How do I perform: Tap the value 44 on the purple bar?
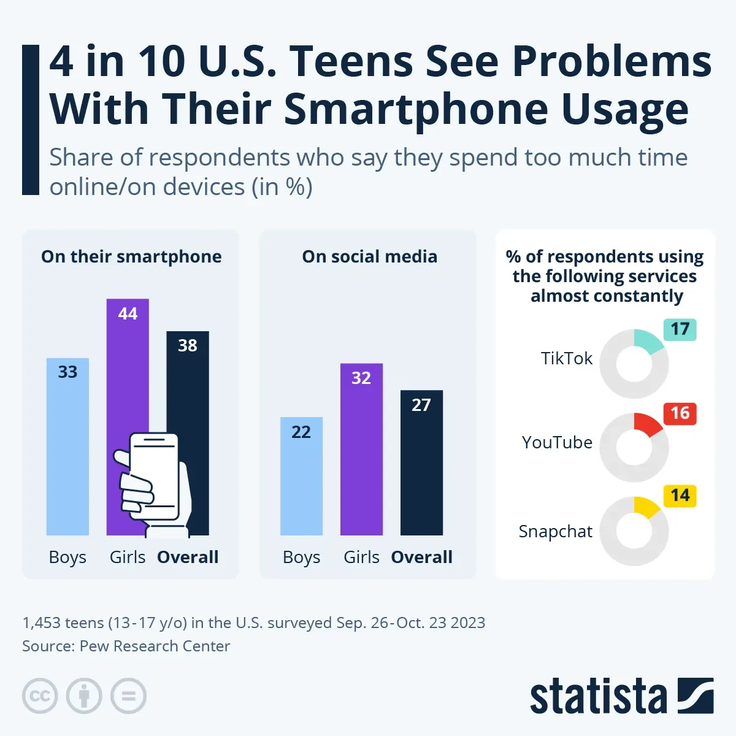click(128, 314)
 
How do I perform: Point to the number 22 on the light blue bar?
click(301, 432)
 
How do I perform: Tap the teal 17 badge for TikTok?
click(680, 329)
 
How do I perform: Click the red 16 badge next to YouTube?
click(680, 413)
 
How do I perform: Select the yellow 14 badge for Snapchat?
click(680, 496)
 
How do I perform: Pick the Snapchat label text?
click(555, 531)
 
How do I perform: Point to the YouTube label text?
click(557, 442)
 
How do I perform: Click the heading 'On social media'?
click(369, 256)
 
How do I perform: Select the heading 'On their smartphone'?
click(131, 256)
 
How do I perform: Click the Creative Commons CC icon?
click(40, 696)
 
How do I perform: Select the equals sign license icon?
click(128, 696)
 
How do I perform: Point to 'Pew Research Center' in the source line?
click(155, 646)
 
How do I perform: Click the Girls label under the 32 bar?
click(361, 557)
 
